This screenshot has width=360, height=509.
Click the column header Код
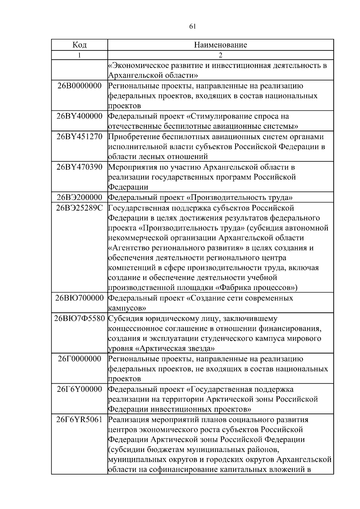79,45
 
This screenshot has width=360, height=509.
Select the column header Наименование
220,45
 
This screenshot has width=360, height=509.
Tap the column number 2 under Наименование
220,55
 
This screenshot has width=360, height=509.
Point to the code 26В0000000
79,86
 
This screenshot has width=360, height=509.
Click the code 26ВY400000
79,116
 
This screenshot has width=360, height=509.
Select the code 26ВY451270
79,136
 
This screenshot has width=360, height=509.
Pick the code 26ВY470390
79,167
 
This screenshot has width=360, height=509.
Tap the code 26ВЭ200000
79,197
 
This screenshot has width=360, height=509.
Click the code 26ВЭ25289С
79,208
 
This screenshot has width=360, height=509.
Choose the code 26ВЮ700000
79,298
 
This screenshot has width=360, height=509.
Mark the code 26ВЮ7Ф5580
79,319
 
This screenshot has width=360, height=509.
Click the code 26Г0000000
79,359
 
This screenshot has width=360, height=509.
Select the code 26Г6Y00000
79,389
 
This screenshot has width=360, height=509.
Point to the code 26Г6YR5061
79,420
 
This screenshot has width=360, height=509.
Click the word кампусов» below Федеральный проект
127,308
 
